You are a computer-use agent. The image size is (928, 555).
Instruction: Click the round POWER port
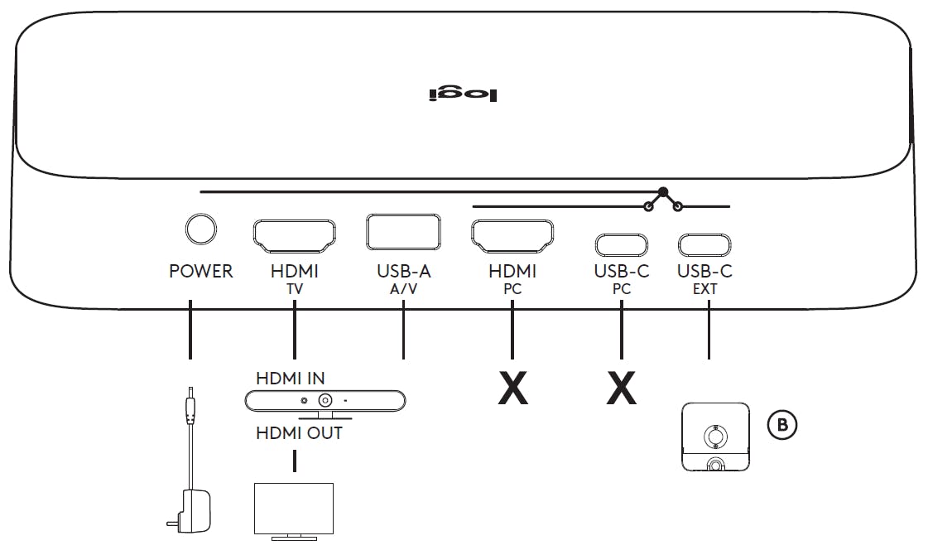click(200, 229)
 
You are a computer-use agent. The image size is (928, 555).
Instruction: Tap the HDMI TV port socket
click(294, 235)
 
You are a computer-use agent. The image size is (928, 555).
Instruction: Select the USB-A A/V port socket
click(403, 232)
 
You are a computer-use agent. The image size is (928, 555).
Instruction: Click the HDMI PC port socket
click(512, 235)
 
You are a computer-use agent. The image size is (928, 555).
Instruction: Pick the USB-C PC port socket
click(621, 245)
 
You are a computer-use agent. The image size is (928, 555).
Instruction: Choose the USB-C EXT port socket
click(704, 245)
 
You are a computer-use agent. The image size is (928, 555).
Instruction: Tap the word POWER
click(200, 271)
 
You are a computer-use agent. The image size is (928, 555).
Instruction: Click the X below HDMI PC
click(513, 388)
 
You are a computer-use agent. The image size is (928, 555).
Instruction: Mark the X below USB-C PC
click(622, 388)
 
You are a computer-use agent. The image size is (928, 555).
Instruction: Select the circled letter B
click(782, 425)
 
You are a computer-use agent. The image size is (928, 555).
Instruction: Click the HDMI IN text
click(290, 379)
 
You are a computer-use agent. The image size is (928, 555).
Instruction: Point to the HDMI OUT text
click(298, 432)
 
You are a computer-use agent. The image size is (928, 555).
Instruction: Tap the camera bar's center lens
click(325, 400)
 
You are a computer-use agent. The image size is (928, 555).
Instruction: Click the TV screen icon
click(294, 509)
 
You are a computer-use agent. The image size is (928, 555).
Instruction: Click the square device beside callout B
click(715, 437)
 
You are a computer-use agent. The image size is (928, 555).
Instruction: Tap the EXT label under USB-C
click(704, 289)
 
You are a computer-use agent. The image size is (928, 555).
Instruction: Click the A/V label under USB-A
click(403, 289)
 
